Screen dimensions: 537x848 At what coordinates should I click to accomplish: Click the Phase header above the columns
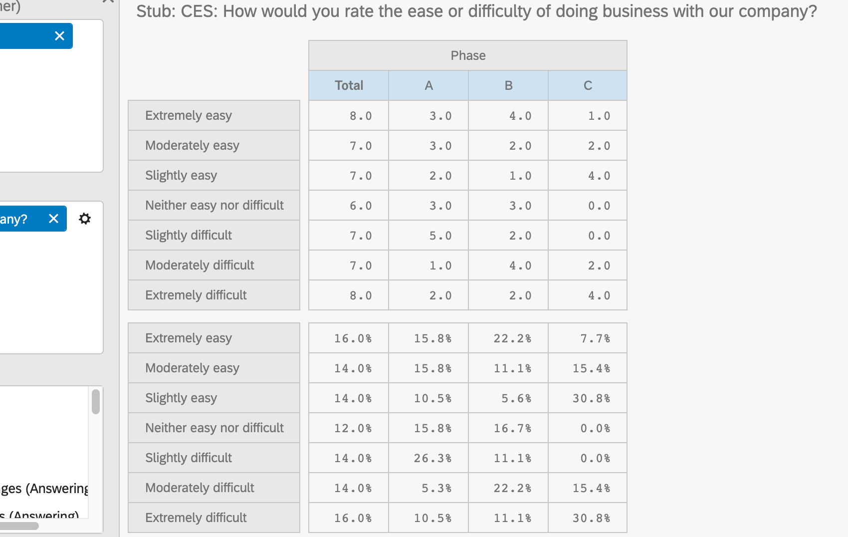point(467,55)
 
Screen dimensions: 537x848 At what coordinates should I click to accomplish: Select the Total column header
point(349,85)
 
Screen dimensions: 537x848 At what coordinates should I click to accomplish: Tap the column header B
point(508,85)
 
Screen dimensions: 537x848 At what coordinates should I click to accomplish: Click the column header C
point(588,85)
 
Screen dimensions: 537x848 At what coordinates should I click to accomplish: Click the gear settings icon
point(85,219)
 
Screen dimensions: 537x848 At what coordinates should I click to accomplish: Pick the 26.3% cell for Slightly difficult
point(432,458)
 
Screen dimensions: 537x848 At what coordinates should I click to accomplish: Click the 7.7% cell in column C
point(595,338)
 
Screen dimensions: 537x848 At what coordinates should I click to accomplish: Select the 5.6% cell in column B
point(516,398)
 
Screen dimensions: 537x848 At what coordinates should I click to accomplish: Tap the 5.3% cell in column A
point(436,488)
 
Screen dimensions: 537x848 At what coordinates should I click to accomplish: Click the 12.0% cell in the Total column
point(353,428)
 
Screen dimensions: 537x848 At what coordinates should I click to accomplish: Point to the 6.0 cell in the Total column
point(361,206)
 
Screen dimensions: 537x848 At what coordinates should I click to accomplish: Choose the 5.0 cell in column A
point(440,236)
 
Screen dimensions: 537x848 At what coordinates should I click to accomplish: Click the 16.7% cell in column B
point(512,428)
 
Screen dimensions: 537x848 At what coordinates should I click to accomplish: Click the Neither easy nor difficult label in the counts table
point(214,205)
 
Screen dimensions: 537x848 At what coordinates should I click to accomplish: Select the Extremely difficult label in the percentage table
point(196,518)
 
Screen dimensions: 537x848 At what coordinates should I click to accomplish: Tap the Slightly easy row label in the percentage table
point(181,398)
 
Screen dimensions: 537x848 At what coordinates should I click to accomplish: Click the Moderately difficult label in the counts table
point(200,265)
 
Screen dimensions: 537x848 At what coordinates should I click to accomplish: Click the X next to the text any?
point(53,219)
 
